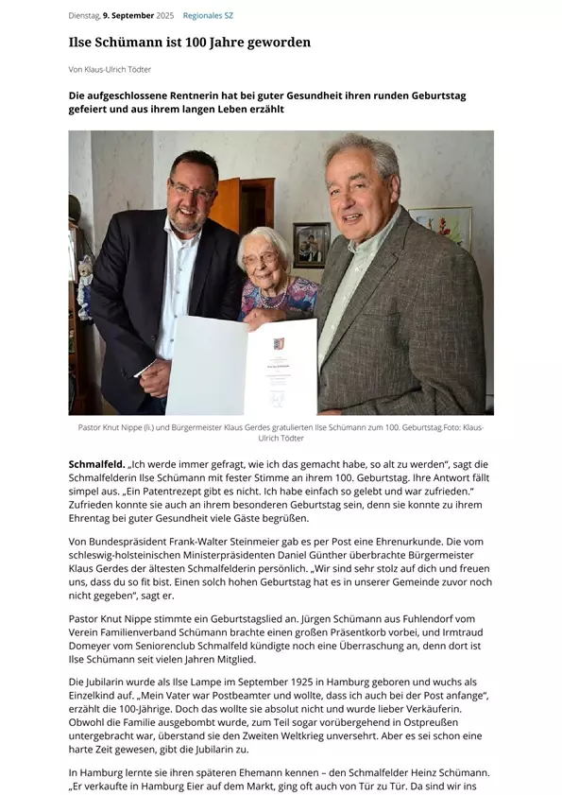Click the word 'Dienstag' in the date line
coord(83,16)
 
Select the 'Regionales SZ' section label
coord(208,16)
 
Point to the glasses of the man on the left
coord(193,191)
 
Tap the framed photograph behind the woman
coord(312,245)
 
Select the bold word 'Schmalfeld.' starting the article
coord(96,464)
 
